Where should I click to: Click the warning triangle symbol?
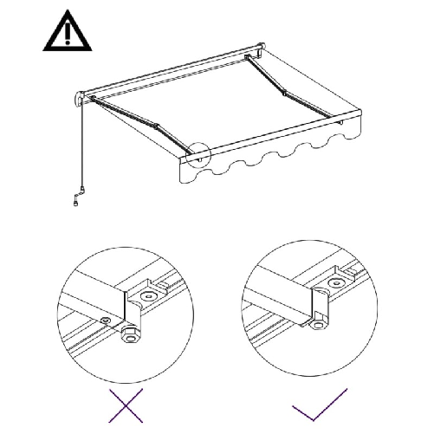(64, 33)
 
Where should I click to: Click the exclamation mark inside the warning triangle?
(64, 35)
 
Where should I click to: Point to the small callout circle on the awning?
(198, 154)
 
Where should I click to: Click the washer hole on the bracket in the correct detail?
(333, 295)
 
